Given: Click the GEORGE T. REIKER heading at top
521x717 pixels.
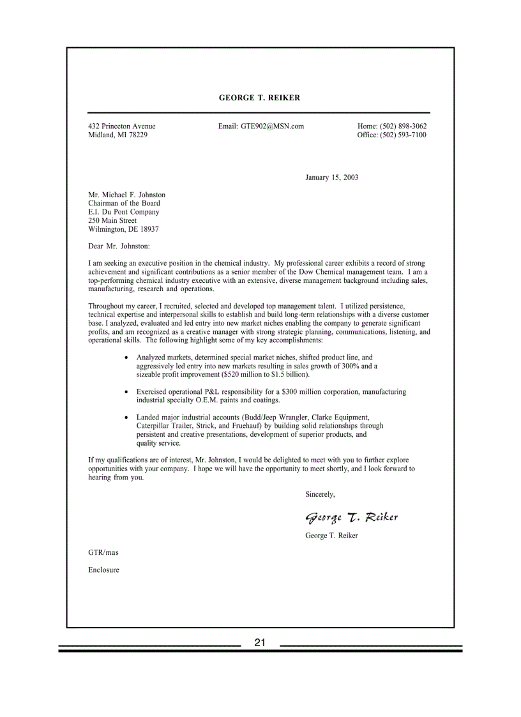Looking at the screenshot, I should tap(259, 98).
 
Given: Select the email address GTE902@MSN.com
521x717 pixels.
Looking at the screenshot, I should tap(260, 126).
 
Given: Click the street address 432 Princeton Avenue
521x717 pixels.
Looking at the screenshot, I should tap(122, 126).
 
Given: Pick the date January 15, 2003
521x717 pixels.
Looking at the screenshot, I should tap(331, 177).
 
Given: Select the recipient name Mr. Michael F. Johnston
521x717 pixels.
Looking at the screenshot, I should tap(126, 195).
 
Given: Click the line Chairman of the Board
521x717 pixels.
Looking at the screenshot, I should tap(124, 204).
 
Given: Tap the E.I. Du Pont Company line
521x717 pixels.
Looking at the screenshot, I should tap(123, 212).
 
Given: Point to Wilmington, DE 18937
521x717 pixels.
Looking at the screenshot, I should tap(123, 229).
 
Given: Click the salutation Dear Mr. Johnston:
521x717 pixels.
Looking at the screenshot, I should tap(119, 246).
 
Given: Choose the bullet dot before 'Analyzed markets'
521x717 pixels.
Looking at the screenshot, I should tap(128, 358).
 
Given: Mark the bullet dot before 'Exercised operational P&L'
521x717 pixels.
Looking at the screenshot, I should tap(128, 392).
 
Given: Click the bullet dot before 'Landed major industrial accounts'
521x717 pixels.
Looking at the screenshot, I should tap(128, 418).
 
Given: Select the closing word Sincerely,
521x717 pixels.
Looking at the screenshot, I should tap(320, 494).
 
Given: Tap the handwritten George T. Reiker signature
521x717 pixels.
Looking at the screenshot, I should tap(351, 517).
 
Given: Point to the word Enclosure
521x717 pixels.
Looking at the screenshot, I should tap(103, 570).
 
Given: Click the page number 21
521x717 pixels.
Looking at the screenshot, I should tap(260, 643).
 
